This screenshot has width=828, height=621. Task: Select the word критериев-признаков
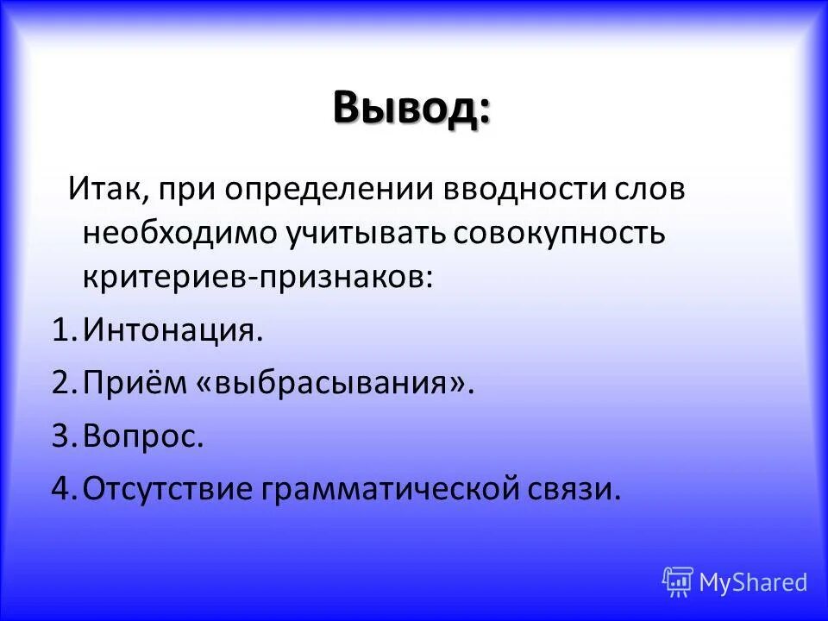pyautogui.click(x=257, y=277)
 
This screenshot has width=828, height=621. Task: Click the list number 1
pyautogui.click(x=60, y=331)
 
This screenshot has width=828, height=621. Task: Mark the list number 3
pyautogui.click(x=60, y=436)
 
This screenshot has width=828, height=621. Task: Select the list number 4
pyautogui.click(x=60, y=489)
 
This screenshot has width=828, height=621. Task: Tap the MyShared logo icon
pyautogui.click(x=678, y=582)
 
